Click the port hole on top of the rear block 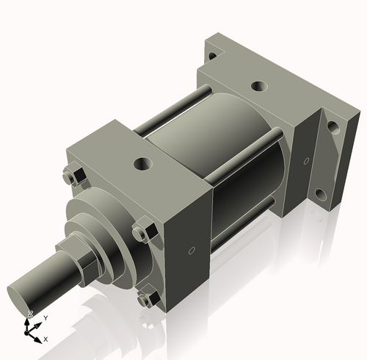tap(258, 86)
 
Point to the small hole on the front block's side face tap(192, 252)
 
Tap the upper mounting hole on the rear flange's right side tap(333, 126)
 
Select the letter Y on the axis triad tap(46, 317)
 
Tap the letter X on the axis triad tap(46, 339)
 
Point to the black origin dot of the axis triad tap(31, 331)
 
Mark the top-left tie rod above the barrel tap(172, 110)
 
